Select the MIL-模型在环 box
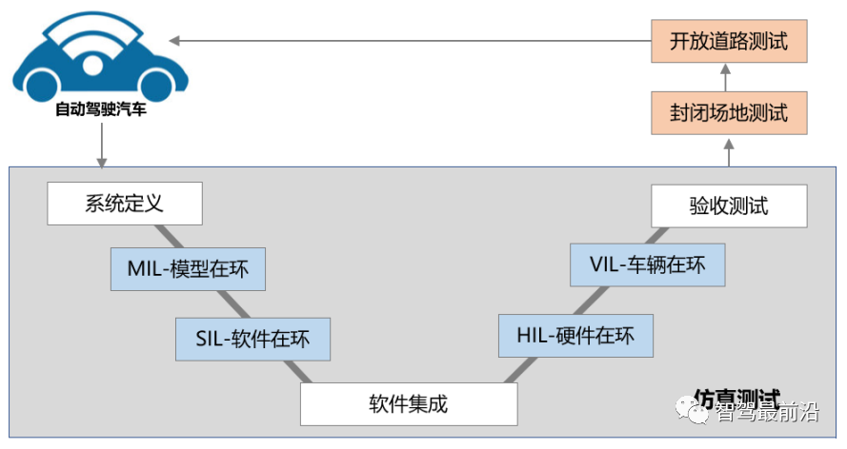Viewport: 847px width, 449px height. [188, 269]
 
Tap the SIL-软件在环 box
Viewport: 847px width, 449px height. [252, 339]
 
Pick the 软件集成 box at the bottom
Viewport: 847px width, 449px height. [409, 403]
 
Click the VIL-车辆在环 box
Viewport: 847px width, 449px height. [647, 264]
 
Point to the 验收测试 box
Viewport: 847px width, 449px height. [728, 205]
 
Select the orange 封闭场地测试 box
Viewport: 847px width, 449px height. [729, 113]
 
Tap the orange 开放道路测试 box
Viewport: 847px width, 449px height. [729, 41]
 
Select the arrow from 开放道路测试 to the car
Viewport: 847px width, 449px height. [410, 41]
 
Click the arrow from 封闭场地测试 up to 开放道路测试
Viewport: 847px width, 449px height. [729, 77]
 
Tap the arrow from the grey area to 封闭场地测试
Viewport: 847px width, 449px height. [729, 151]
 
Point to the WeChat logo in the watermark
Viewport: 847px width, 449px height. [693, 411]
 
